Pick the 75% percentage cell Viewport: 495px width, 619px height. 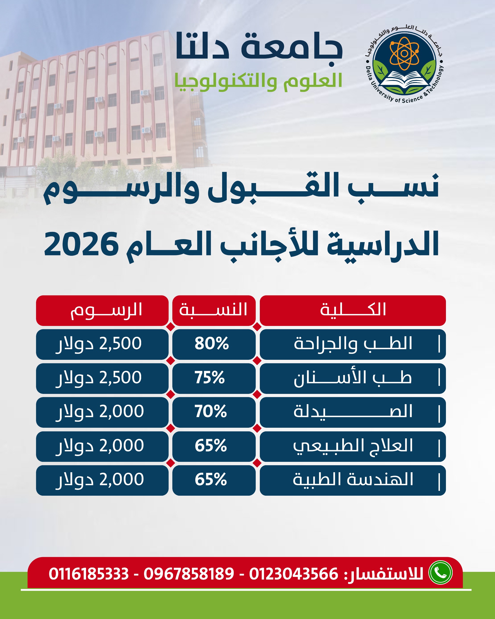[214, 378]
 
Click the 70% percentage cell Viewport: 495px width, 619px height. [214, 412]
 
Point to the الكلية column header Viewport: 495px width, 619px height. [353, 310]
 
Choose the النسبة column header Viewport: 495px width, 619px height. [214, 310]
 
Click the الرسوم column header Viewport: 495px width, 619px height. [102, 310]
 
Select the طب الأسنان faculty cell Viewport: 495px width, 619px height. [353, 378]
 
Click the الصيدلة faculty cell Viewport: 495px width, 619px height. [353, 412]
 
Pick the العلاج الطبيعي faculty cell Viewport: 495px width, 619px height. [353, 446]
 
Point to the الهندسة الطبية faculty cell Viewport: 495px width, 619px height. [353, 480]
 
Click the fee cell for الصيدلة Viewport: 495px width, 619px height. [102, 412]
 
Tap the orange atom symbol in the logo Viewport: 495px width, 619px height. [404, 53]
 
